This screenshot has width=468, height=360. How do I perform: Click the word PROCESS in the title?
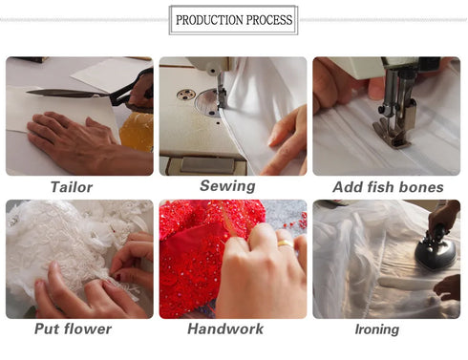266,20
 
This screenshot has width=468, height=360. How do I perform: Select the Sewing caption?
227,185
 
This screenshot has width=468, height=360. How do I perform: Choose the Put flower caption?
73,329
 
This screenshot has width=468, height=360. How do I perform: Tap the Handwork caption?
228,329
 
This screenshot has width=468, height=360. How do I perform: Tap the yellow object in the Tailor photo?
137,131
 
